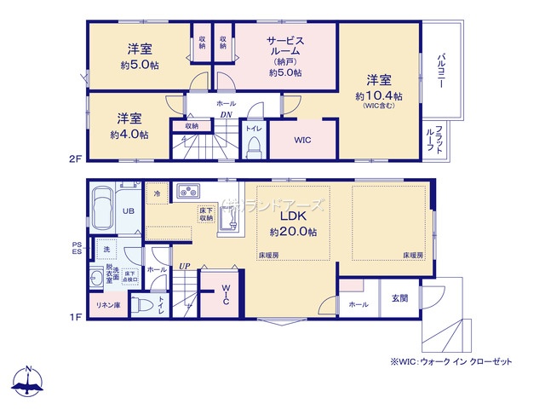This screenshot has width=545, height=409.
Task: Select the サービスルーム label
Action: click(x=284, y=46)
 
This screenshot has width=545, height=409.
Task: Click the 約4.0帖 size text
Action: click(x=129, y=135)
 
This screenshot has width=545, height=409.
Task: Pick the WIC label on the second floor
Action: click(x=303, y=140)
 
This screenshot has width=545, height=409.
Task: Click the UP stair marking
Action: click(x=184, y=266)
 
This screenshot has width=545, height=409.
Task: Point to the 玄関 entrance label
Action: click(x=399, y=297)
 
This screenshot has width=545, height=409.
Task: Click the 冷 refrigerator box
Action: click(x=157, y=193)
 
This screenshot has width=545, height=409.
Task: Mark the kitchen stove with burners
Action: click(x=187, y=192)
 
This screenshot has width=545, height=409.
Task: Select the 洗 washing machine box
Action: click(x=106, y=249)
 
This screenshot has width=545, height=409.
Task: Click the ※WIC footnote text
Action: click(x=451, y=361)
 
